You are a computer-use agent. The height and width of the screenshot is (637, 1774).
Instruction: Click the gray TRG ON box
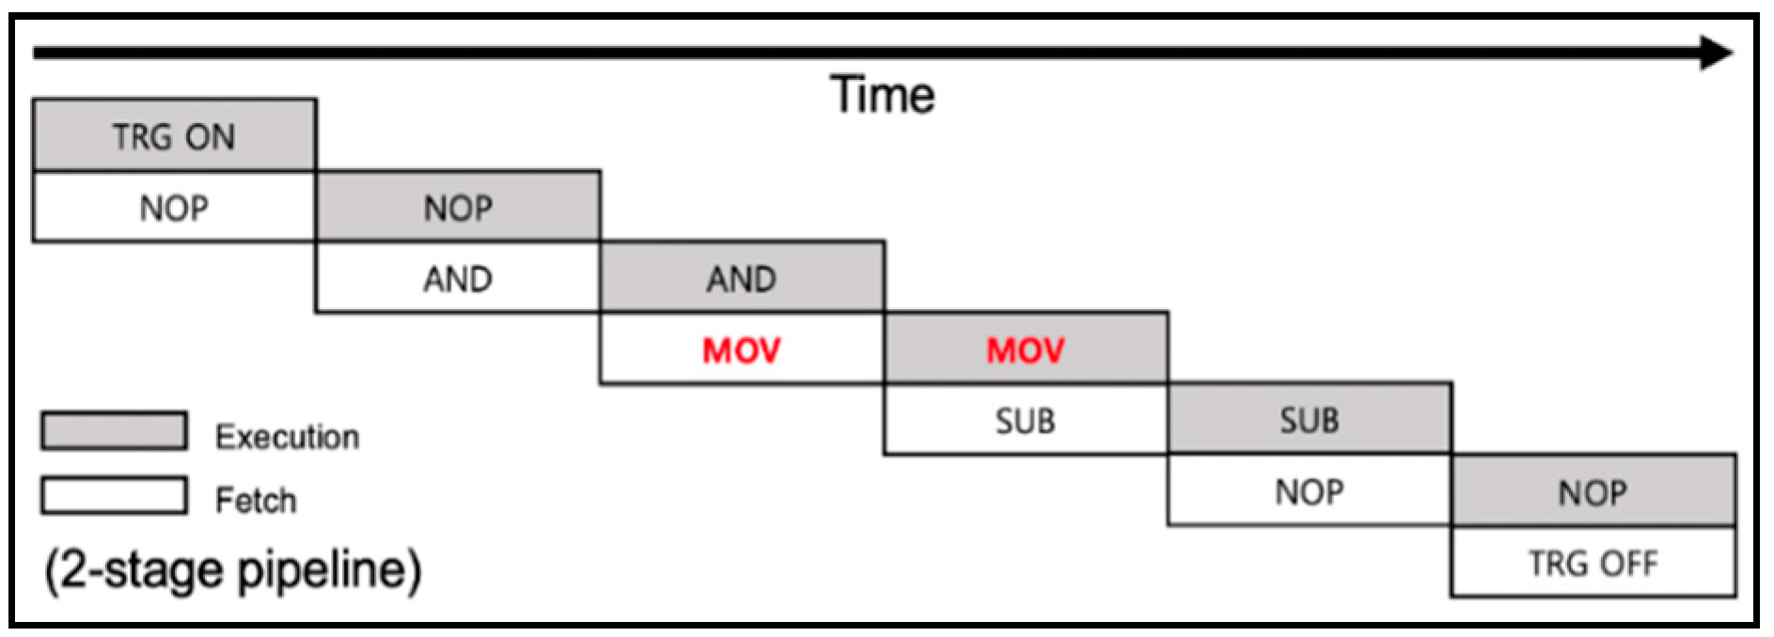pos(174,135)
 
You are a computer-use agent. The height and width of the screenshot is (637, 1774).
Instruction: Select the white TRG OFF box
pos(1593,562)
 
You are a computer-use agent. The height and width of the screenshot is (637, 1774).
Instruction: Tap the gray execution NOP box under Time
pos(458,207)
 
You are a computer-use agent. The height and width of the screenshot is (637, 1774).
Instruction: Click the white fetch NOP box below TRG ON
pos(174,207)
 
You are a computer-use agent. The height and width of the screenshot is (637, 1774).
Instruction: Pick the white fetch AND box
pos(458,278)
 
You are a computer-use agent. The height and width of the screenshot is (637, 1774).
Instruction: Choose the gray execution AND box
pos(742,278)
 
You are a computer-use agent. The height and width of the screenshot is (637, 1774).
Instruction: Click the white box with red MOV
pos(742,350)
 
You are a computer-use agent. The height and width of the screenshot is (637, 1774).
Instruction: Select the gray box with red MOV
pos(1026,350)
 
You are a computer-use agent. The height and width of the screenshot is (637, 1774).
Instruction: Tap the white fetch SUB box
pos(1026,420)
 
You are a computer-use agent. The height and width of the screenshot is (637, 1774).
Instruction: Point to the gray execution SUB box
pos(1310,420)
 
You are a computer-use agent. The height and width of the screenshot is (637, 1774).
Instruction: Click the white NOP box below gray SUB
pos(1310,491)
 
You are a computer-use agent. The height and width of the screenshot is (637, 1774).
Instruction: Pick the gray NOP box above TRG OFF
pos(1593,491)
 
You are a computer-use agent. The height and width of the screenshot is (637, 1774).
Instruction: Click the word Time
pos(883,95)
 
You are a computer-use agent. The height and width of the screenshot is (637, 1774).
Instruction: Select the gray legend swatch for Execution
pos(114,431)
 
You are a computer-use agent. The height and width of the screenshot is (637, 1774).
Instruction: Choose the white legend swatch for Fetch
pos(114,495)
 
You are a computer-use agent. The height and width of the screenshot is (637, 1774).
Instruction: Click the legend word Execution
pos(287,437)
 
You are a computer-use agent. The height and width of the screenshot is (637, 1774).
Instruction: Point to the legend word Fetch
pos(256,500)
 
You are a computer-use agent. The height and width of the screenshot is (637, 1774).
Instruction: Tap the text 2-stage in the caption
pos(141,569)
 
